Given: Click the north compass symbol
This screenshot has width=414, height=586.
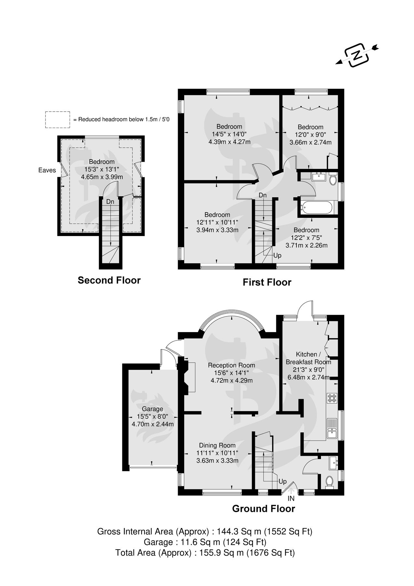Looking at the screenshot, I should pos(357,55).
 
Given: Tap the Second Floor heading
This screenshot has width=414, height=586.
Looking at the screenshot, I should pos(109,280).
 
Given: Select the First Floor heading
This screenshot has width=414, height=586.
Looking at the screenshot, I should pos(267,282).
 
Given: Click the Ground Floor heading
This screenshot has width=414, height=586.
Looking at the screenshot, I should pos(263,509).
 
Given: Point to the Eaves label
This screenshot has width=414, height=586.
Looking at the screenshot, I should pos(47,170).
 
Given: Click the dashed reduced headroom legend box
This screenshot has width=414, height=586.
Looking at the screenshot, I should pos(58,119).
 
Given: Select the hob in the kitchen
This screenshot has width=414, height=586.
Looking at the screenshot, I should pos(332,398).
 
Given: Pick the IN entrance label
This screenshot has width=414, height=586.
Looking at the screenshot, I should pos(291,498).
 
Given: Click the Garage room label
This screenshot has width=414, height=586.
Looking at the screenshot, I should pos(152,409).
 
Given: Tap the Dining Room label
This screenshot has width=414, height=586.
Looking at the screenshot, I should pos(217,445).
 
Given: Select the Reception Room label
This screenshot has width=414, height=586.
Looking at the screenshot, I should pos(231,365).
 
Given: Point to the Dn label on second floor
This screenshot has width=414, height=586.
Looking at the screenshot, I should pos(110,202).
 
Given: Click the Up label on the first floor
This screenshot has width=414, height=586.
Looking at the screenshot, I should pos(277,256).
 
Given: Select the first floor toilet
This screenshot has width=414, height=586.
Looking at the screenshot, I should pos(333,180).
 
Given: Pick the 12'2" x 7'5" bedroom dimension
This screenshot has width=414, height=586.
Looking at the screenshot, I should pos(306,238).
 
